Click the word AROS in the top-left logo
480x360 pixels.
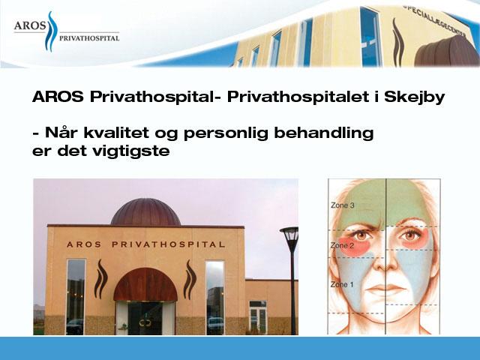[30, 25]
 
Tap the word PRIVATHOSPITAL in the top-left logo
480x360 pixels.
[89, 38]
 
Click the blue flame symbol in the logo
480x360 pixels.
[52, 31]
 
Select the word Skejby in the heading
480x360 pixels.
[414, 97]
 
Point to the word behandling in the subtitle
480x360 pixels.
[323, 133]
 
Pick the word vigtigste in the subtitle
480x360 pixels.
[135, 151]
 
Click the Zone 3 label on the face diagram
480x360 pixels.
[343, 205]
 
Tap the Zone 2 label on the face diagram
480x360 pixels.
[342, 245]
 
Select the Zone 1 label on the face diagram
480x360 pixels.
[342, 284]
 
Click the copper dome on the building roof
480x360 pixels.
[145, 211]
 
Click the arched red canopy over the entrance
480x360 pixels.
[145, 284]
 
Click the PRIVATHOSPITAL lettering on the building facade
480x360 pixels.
[169, 244]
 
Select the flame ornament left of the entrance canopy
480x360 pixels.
[100, 279]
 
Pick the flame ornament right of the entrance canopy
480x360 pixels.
[190, 280]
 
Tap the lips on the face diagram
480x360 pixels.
[385, 289]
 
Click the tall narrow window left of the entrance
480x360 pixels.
[76, 297]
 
